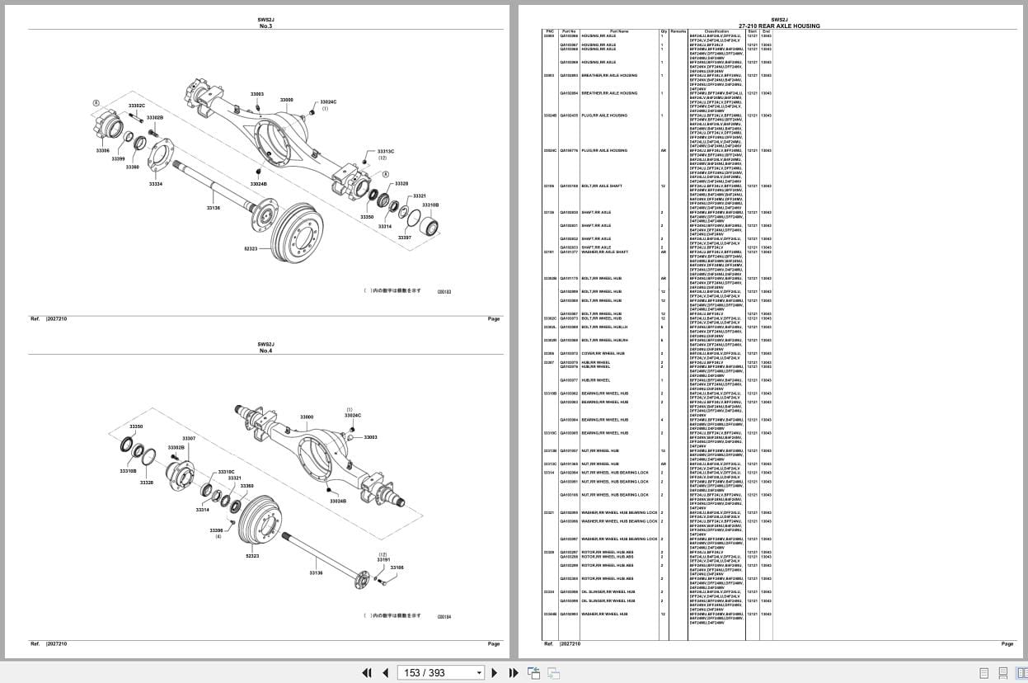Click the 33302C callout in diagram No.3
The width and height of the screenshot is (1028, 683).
tap(137, 106)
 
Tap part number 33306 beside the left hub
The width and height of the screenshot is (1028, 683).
tap(103, 150)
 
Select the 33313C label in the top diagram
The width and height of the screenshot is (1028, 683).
tap(386, 152)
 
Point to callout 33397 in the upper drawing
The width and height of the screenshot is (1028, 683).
tap(404, 238)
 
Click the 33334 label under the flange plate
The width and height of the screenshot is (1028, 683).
tap(156, 184)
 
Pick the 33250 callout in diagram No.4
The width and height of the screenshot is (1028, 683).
tap(136, 426)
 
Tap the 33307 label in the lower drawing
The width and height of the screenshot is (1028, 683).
tap(189, 439)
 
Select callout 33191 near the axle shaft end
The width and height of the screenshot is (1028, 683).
tap(383, 559)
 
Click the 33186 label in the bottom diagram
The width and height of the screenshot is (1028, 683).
tap(397, 568)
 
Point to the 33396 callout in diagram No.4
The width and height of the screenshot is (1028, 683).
tap(216, 530)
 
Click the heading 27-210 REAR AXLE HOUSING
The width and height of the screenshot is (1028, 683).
tap(779, 26)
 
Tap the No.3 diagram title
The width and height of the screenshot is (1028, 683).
tap(265, 26)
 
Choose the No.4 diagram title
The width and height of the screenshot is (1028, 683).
tap(265, 351)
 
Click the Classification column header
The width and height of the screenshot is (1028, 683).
tap(716, 31)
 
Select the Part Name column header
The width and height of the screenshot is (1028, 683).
tap(619, 31)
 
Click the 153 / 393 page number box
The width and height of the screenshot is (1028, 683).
tap(441, 673)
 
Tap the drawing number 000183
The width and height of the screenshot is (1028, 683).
tap(444, 291)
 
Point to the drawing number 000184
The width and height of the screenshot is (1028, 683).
tap(444, 616)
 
